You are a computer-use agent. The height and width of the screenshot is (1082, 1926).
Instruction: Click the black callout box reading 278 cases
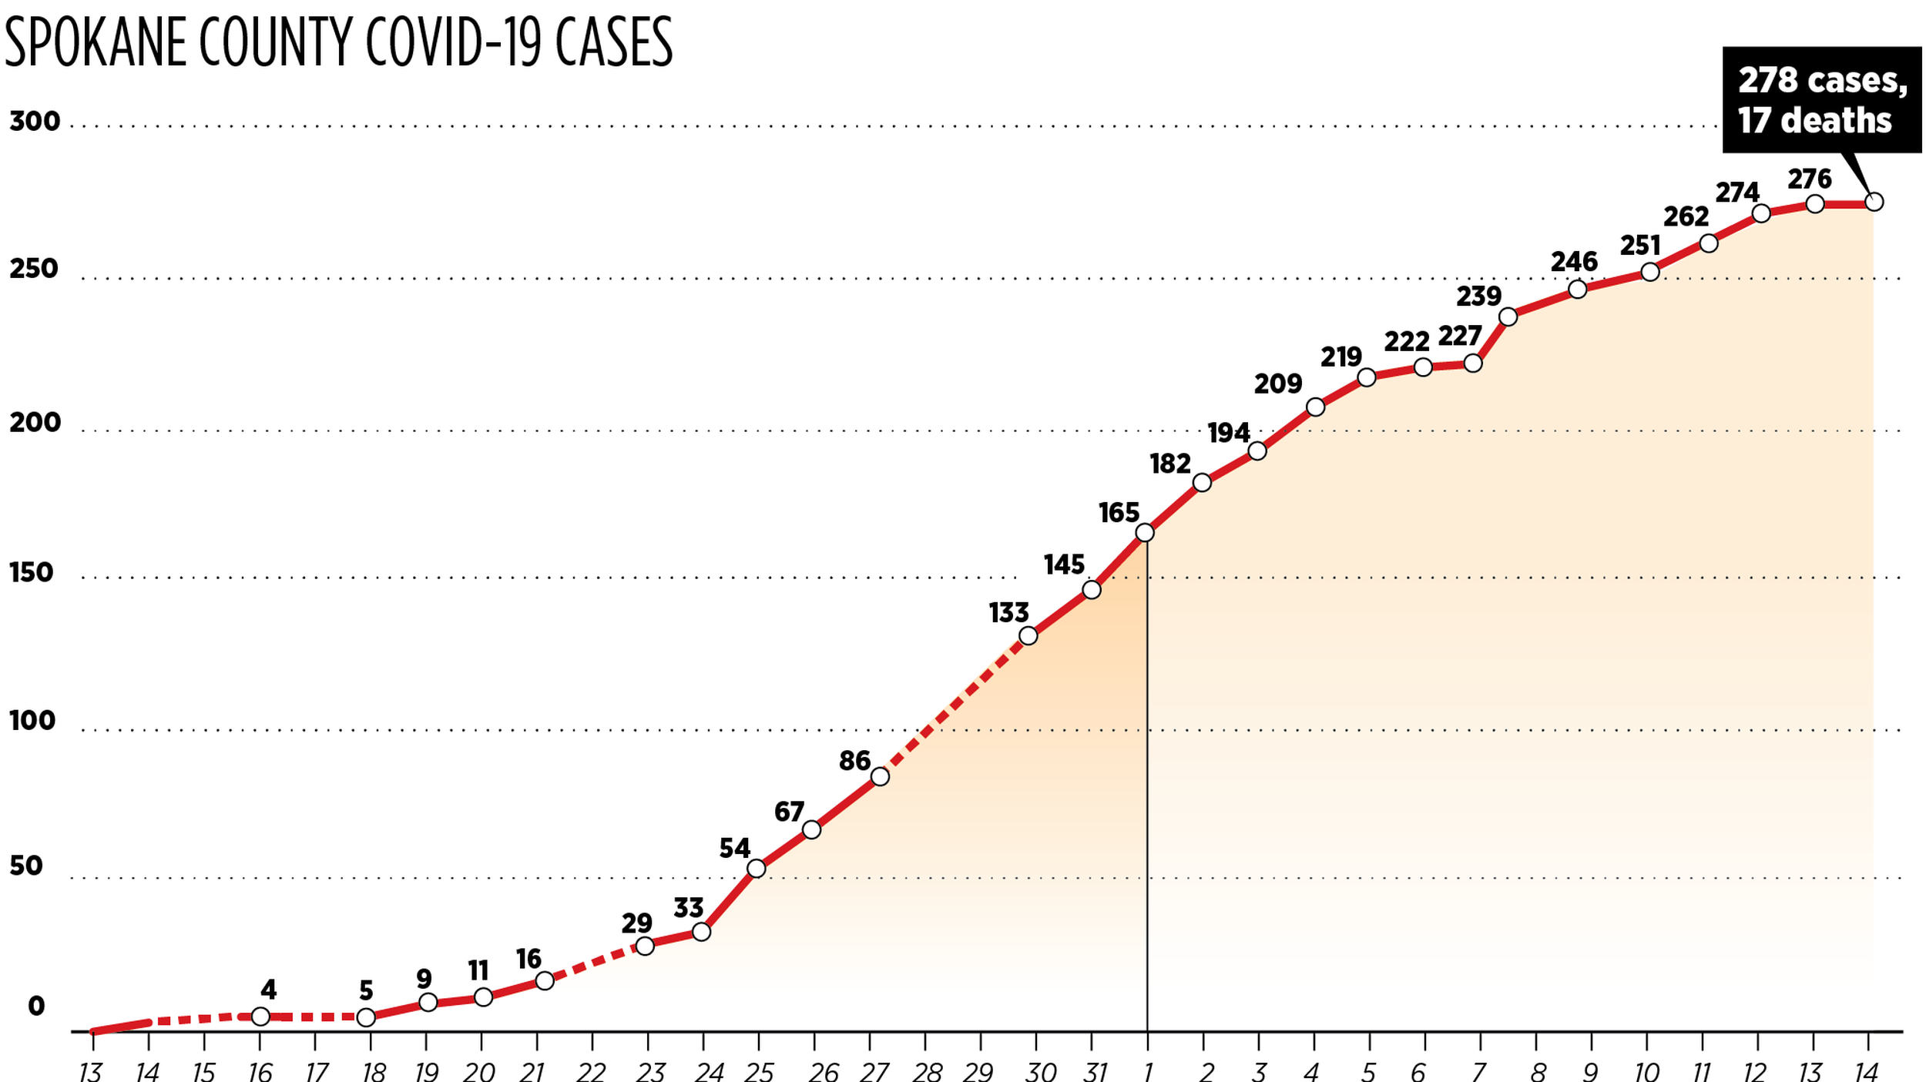(x=1821, y=100)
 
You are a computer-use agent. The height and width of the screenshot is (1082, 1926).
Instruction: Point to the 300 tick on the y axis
(x=35, y=122)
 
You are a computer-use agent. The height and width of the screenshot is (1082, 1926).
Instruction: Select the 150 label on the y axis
(x=32, y=573)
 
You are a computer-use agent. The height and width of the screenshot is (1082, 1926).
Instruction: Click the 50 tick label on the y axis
(x=26, y=866)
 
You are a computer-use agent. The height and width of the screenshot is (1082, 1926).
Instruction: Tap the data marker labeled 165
(x=1145, y=533)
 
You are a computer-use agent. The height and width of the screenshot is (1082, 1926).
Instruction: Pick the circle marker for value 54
(x=757, y=869)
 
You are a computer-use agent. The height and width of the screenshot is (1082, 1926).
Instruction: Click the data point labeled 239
(x=1508, y=317)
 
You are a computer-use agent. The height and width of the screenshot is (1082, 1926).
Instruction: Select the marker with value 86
(x=880, y=776)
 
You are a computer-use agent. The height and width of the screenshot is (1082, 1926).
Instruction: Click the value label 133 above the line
(x=1008, y=613)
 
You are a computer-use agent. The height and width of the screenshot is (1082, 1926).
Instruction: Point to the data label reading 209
(x=1278, y=384)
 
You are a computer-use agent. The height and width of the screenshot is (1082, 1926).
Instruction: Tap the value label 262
(x=1686, y=217)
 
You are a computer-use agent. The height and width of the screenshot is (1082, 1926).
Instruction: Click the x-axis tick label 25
(x=759, y=1071)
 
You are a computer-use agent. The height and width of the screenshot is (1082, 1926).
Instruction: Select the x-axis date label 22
(x=592, y=1071)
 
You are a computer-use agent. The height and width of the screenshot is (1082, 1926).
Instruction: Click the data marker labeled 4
(x=260, y=1017)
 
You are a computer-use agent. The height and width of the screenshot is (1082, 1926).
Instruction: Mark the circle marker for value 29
(x=645, y=945)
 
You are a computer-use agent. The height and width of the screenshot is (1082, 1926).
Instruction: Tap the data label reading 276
(x=1810, y=179)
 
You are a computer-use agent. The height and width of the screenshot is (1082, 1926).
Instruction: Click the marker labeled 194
(x=1257, y=451)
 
